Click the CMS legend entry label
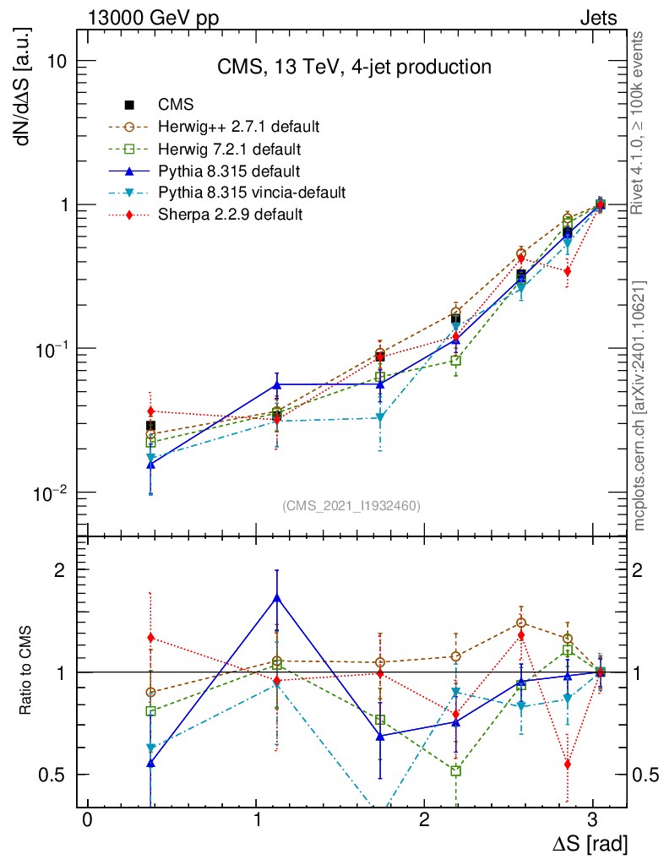tap(177, 105)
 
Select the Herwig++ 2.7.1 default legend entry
tap(238, 127)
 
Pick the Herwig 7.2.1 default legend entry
tap(230, 149)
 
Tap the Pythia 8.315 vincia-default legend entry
tap(252, 193)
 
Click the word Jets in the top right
tap(597, 17)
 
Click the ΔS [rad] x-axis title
tap(590, 842)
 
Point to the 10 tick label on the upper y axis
tap(58, 62)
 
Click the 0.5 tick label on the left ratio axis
tap(52, 775)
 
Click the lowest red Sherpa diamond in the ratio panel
tap(568, 764)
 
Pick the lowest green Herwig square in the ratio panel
tap(456, 770)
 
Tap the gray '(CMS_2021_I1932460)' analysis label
tap(351, 505)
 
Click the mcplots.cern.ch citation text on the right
tap(640, 405)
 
